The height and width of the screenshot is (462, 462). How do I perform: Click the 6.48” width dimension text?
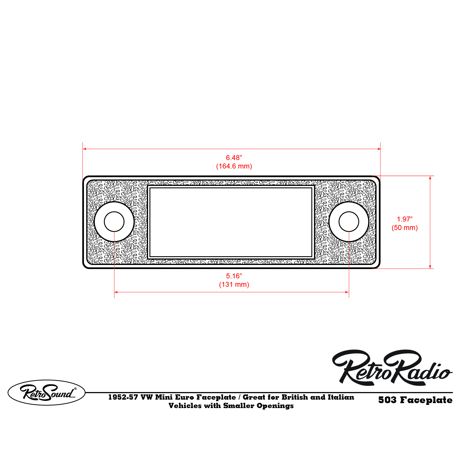234,158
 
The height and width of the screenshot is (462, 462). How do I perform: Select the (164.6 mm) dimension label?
234,166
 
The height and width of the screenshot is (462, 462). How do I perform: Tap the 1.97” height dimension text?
405,219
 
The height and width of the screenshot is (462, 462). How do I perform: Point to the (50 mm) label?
405,228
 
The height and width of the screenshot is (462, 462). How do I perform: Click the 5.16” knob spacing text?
234,276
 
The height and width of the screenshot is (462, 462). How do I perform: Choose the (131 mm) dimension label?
234,284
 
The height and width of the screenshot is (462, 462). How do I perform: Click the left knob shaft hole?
114,222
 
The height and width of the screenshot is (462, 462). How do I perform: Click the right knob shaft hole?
349,222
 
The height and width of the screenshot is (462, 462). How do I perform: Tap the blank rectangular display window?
231,222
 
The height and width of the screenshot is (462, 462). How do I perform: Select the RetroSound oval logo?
46,392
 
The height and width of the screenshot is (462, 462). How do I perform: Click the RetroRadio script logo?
392,368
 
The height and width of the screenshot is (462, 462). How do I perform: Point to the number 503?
387,400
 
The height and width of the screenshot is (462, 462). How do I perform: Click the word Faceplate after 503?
426,400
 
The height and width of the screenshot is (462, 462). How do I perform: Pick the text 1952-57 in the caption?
123,397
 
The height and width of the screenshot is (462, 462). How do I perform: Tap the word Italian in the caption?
341,397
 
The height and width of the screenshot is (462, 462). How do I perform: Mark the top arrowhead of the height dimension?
430,178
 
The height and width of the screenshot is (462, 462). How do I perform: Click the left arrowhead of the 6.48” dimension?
85,149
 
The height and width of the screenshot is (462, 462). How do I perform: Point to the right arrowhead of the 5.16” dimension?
347,292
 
